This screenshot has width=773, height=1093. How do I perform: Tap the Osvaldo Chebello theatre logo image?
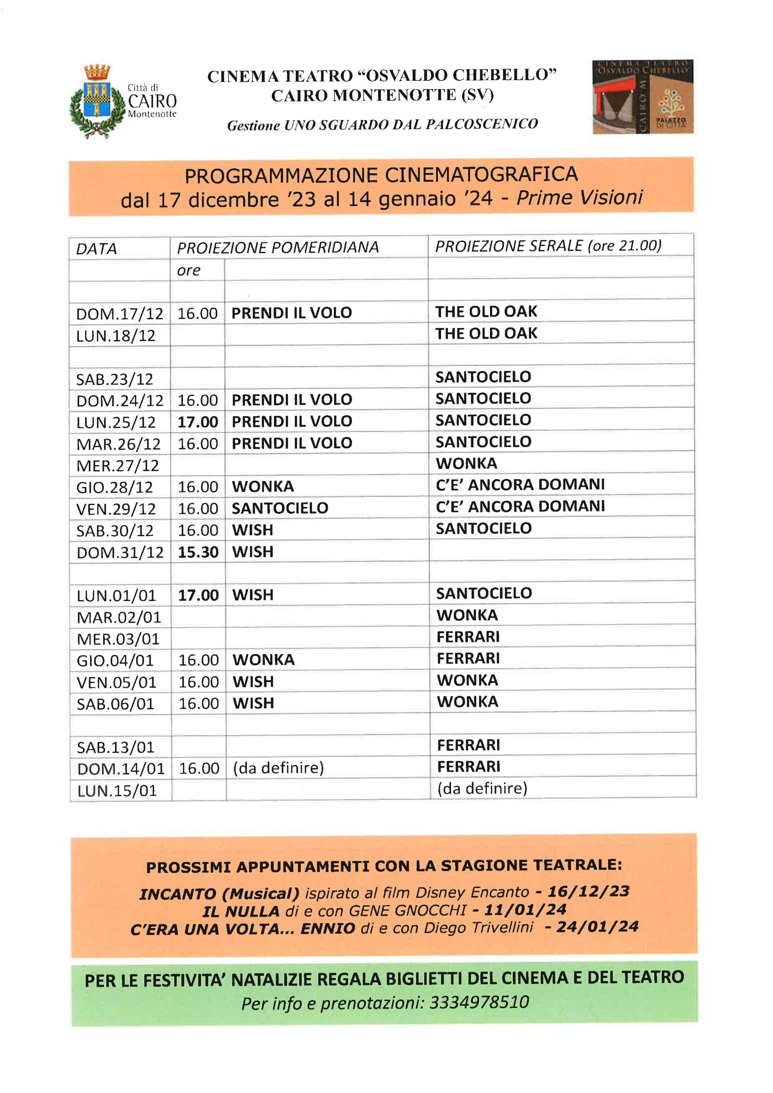pos(642,96)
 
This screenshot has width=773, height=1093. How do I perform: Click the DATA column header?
pos(96,248)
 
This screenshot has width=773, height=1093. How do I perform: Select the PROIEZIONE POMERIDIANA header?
pos(278,248)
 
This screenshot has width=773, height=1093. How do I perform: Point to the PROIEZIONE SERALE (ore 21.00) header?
pos(548,245)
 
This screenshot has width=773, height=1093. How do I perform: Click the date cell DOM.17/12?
pos(120,314)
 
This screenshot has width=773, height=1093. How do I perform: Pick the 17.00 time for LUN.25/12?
pos(198,422)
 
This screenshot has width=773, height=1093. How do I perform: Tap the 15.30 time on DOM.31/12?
pos(198,552)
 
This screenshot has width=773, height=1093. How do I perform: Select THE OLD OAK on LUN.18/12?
pos(486,333)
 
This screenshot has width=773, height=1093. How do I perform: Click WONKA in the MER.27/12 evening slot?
pos(467,463)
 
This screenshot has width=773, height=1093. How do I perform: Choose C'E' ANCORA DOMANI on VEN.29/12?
pos(520,506)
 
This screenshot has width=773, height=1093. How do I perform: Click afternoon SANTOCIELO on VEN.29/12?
pos(280,508)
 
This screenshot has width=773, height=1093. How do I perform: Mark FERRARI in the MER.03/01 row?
pos(468,637)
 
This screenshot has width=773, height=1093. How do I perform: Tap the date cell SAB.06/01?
pos(116,704)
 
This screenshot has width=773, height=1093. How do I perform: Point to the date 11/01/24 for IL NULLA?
pos(525,910)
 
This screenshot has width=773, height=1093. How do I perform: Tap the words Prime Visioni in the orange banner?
pos(579,198)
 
